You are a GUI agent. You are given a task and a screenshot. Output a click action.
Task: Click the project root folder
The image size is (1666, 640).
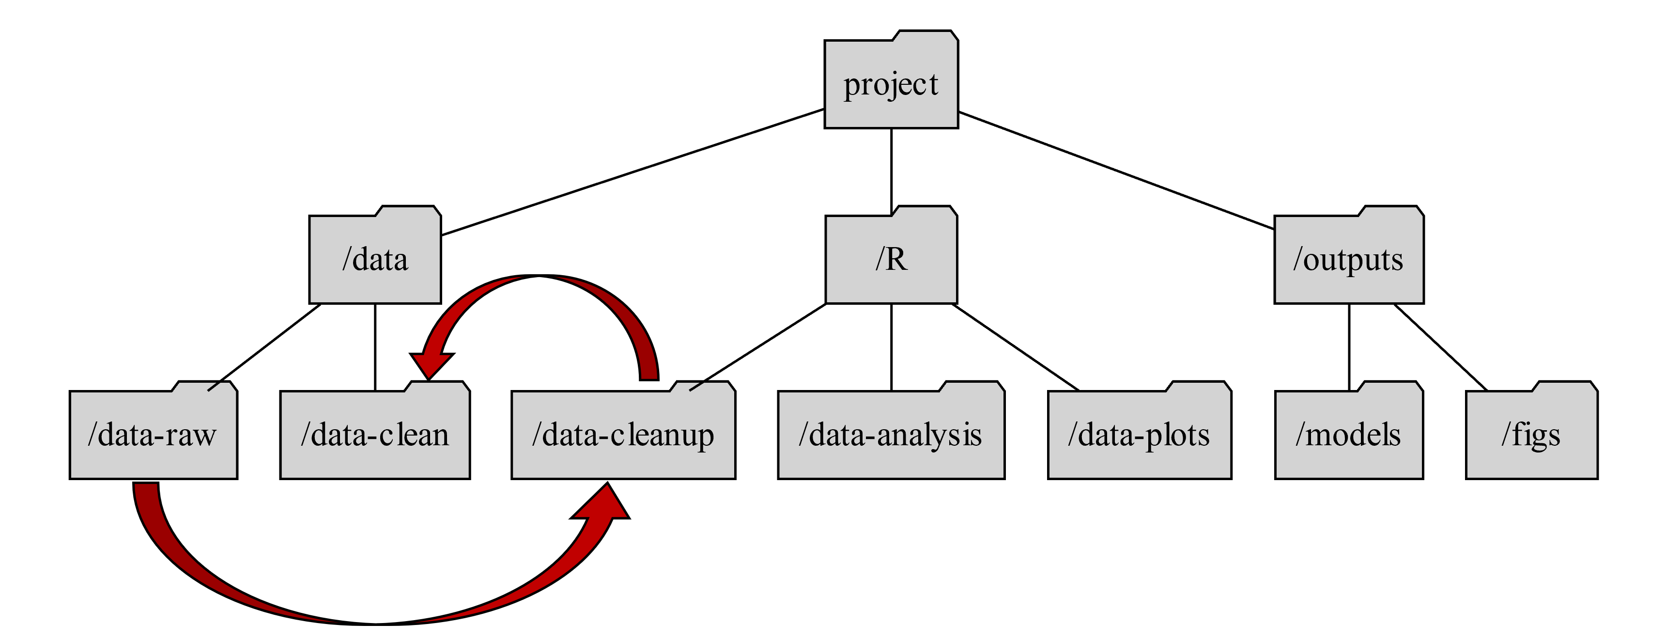891,84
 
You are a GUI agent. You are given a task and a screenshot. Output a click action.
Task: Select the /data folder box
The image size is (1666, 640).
375,259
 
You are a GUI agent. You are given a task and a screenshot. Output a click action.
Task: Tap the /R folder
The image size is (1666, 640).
891,259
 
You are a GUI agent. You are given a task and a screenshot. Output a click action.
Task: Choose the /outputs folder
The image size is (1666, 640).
1348,259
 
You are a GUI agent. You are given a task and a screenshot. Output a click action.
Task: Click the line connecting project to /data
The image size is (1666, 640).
632,172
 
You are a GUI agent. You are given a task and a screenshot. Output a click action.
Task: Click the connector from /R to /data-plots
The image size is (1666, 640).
1016,347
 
